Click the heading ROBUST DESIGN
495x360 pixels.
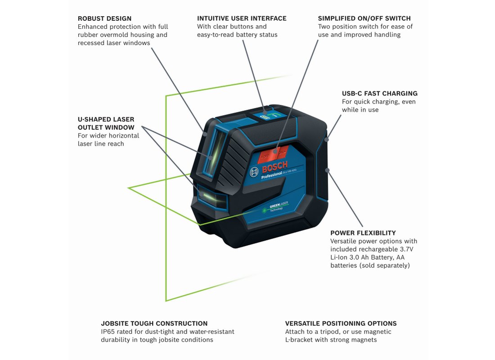(x=104, y=19)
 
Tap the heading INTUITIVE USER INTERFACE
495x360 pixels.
(x=242, y=19)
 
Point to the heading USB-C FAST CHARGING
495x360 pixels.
(x=379, y=94)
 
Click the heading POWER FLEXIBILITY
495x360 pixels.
(x=363, y=233)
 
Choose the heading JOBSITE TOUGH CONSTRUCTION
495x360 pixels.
(x=154, y=324)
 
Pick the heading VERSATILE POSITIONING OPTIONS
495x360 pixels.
(x=341, y=324)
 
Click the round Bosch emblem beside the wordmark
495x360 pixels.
(x=255, y=171)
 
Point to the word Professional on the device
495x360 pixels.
(x=271, y=176)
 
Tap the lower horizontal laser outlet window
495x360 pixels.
(x=209, y=196)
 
